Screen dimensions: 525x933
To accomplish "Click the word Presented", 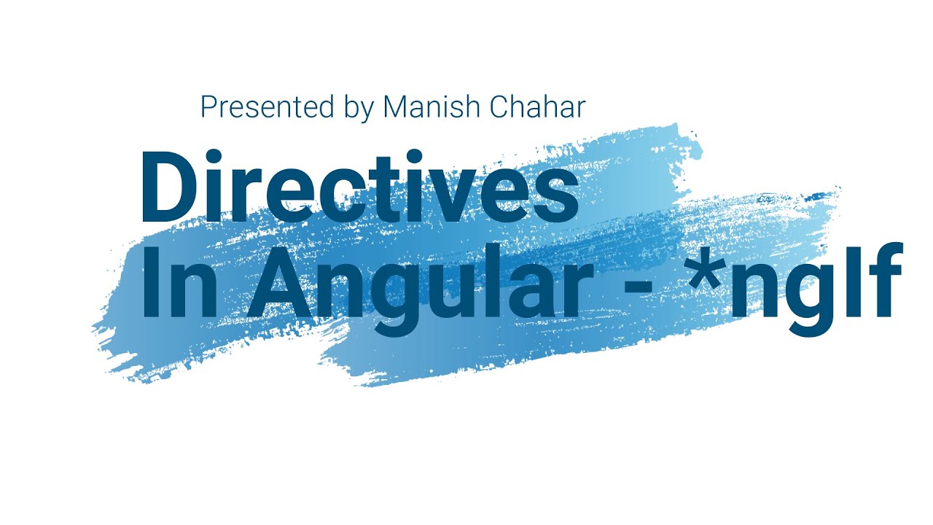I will pos(267,107).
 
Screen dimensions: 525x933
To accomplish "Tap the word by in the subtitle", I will pos(358,109).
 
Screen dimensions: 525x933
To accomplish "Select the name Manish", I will pos(431,107).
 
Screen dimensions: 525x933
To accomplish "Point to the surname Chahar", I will pos(538,107).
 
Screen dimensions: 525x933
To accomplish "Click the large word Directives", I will pos(359,188).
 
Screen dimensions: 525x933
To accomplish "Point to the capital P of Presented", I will pos(209,107).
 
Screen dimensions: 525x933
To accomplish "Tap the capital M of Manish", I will pos(397,107).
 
